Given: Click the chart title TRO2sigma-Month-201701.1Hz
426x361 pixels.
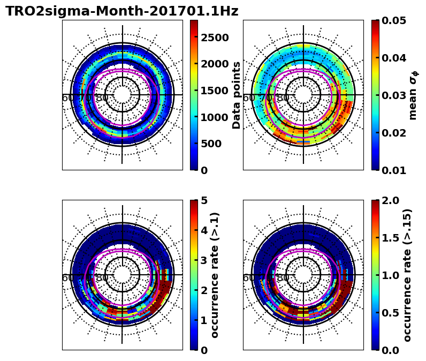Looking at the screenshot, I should pyautogui.click(x=121, y=11).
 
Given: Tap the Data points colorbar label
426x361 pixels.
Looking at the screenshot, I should pyautogui.click(x=237, y=95).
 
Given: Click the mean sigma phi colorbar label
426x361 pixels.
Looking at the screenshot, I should pyautogui.click(x=413, y=95).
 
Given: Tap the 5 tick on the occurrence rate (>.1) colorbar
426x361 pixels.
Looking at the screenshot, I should pyautogui.click(x=204, y=200).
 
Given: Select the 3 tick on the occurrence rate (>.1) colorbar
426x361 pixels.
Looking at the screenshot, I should pyautogui.click(x=204, y=260).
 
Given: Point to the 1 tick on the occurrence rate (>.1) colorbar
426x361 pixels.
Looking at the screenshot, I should pyautogui.click(x=204, y=320).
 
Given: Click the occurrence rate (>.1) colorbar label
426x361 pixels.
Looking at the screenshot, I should pyautogui.click(x=215, y=275).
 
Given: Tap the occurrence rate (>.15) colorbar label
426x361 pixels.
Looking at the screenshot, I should pyautogui.click(x=408, y=275).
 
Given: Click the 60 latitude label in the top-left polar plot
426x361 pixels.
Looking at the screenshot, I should pyautogui.click(x=68, y=97).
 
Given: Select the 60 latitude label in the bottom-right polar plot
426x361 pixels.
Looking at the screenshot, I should pyautogui.click(x=249, y=277).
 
